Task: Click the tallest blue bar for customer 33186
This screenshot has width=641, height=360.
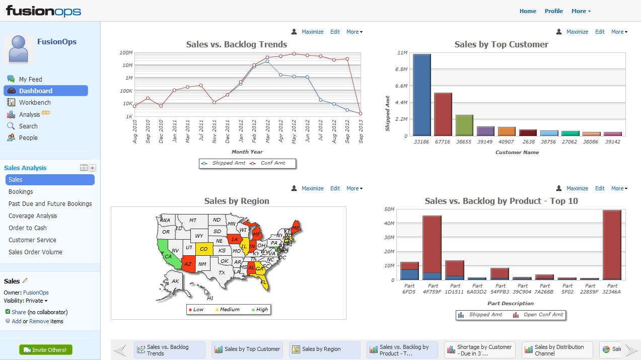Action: click(x=422, y=95)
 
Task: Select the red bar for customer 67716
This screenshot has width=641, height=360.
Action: click(x=443, y=114)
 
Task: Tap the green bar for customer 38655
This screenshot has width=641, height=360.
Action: click(x=464, y=125)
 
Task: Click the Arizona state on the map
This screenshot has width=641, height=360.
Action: click(x=187, y=262)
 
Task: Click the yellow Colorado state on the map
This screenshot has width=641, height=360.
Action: click(x=203, y=249)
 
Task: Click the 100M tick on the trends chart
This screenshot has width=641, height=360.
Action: click(x=126, y=52)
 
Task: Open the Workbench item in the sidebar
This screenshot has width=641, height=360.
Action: click(x=35, y=103)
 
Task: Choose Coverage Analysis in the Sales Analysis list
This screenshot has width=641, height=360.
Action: click(x=33, y=216)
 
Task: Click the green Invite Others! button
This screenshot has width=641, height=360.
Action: click(x=46, y=350)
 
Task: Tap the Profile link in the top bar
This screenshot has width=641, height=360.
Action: click(x=554, y=11)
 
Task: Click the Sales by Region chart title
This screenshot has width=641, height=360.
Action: click(x=237, y=201)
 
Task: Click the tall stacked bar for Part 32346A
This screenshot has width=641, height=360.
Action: click(x=611, y=244)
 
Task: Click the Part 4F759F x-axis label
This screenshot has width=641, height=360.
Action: click(x=432, y=289)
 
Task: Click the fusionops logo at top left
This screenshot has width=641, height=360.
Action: click(x=43, y=11)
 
